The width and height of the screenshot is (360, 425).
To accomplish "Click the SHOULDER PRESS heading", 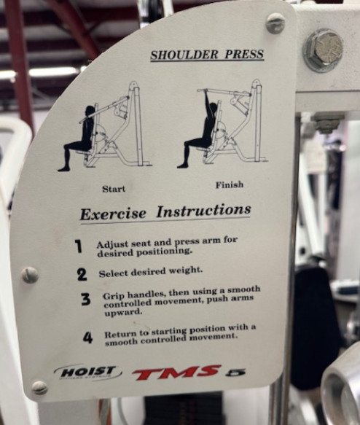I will coord(207,55).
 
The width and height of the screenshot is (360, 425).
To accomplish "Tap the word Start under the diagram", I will coord(114,189).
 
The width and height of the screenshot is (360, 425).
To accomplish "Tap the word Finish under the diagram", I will coord(230,185).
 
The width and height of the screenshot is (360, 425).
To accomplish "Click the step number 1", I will coord(78,246).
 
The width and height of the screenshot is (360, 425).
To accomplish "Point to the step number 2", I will coord(82,275).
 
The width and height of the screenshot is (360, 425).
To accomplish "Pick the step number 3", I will coord(86,299).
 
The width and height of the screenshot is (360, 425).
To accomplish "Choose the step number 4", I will coord(88,338).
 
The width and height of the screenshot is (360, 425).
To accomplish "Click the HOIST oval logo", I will coord(87,372).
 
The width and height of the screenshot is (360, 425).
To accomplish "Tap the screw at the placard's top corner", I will coord(275,23).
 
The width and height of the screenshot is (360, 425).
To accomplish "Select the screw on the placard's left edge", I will coord(29,275).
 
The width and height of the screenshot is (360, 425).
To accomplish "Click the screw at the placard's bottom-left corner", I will coord(39,388).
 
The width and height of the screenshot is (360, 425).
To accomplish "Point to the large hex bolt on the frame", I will coord(323,50).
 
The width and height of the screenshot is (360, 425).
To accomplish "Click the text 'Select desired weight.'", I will coord(150,270).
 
